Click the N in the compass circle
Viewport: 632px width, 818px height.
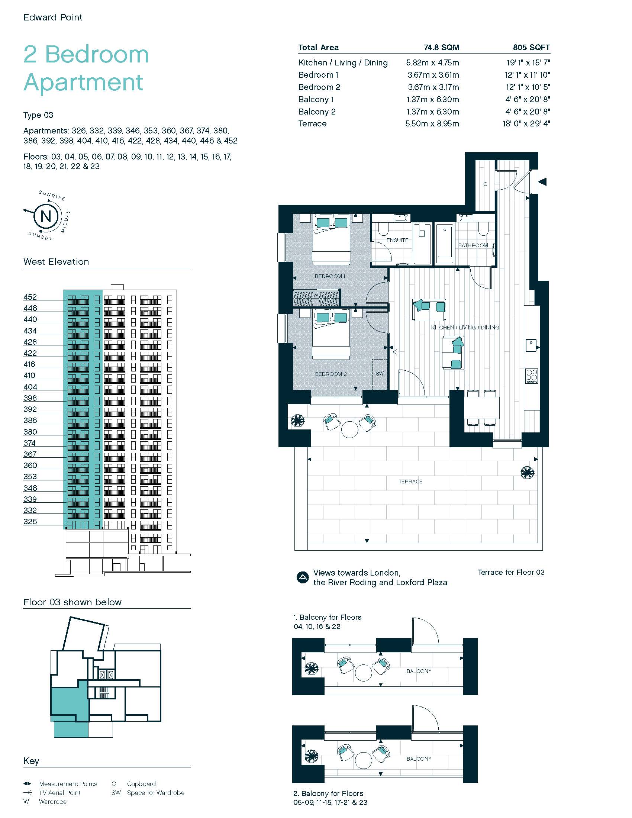pos(46,216)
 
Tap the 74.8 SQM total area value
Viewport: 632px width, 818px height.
pos(441,48)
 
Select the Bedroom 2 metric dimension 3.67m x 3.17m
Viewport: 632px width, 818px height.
pos(433,87)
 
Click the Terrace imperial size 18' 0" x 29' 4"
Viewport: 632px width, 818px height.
pos(526,123)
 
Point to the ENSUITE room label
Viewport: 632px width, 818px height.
pos(397,240)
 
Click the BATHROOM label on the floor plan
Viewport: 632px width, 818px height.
pos(473,245)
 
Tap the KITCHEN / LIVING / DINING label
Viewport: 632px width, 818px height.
pos(465,327)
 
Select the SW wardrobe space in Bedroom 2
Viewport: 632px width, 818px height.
pos(380,374)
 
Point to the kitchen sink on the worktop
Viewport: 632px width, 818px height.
pos(531,345)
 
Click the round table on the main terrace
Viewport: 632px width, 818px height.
pos(350,429)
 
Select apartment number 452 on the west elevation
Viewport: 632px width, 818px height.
pos(30,297)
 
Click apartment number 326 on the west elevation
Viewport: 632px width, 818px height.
pos(30,521)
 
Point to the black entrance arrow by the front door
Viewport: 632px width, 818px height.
pos(542,182)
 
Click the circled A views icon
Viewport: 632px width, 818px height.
pos(302,577)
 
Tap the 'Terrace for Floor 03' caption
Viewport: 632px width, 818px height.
pos(511,572)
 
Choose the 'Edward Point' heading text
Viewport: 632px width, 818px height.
pos(53,17)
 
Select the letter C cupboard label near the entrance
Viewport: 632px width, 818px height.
pos(485,184)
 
